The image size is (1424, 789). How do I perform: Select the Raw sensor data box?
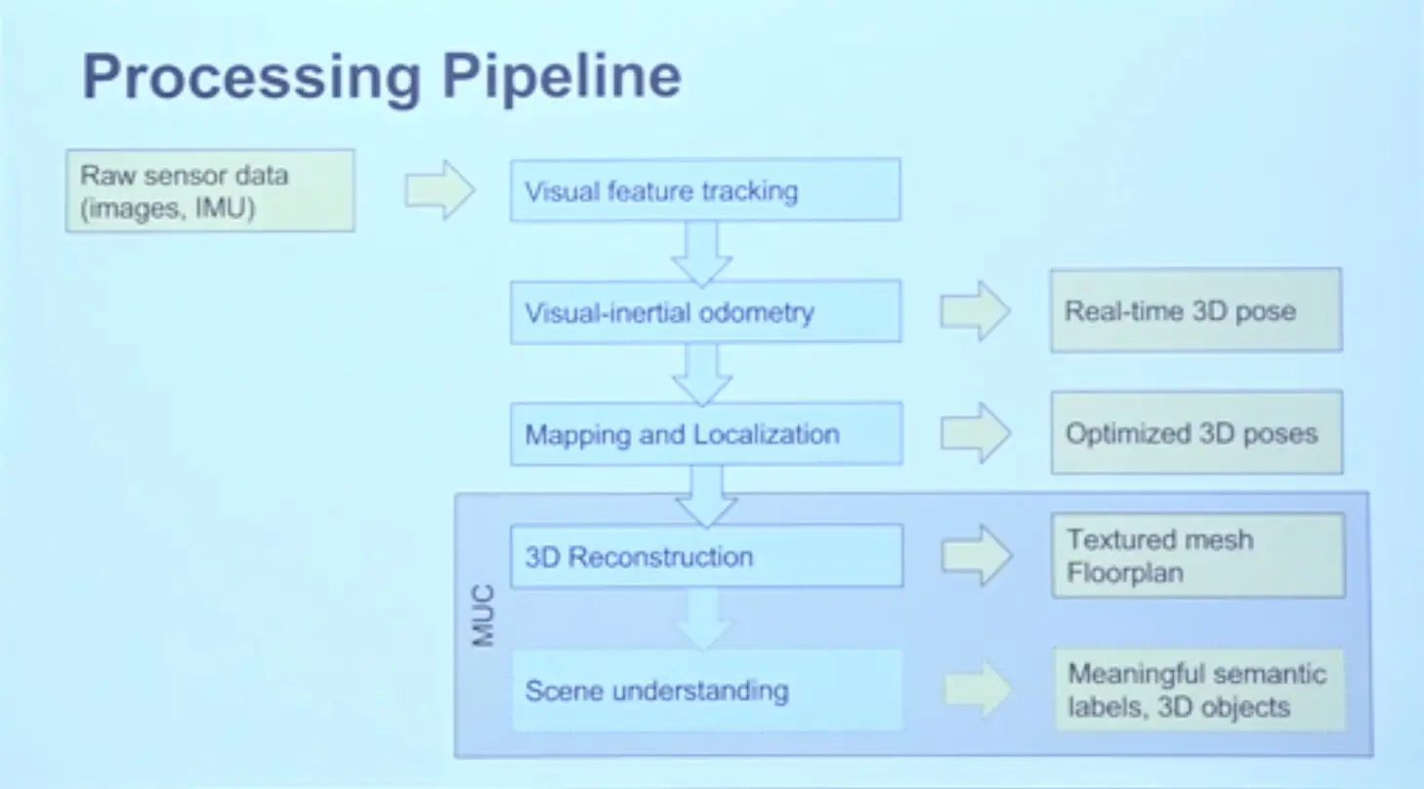click(210, 190)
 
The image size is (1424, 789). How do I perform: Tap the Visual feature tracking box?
click(705, 190)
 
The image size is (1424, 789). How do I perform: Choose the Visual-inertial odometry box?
click(705, 311)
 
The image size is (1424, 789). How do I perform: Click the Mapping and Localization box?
click(706, 434)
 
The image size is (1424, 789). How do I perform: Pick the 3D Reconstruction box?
click(706, 557)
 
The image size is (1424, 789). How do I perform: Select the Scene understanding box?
click(707, 690)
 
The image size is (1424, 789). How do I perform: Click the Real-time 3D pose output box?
click(1196, 311)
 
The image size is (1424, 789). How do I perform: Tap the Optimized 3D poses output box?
click(1197, 433)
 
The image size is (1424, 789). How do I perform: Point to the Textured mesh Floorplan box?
click(1198, 556)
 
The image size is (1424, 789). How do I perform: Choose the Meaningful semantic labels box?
click(1199, 689)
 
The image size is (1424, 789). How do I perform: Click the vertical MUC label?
click(483, 615)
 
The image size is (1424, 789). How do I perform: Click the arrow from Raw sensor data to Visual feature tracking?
click(440, 189)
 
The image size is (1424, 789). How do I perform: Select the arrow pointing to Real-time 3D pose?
click(975, 311)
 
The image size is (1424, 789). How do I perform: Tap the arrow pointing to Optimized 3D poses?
click(976, 433)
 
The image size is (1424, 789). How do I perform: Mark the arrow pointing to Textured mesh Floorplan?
click(977, 555)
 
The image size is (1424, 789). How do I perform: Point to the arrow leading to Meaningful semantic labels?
click(978, 689)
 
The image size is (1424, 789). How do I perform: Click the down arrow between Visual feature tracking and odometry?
click(702, 253)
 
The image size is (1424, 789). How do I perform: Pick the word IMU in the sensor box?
click(225, 208)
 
